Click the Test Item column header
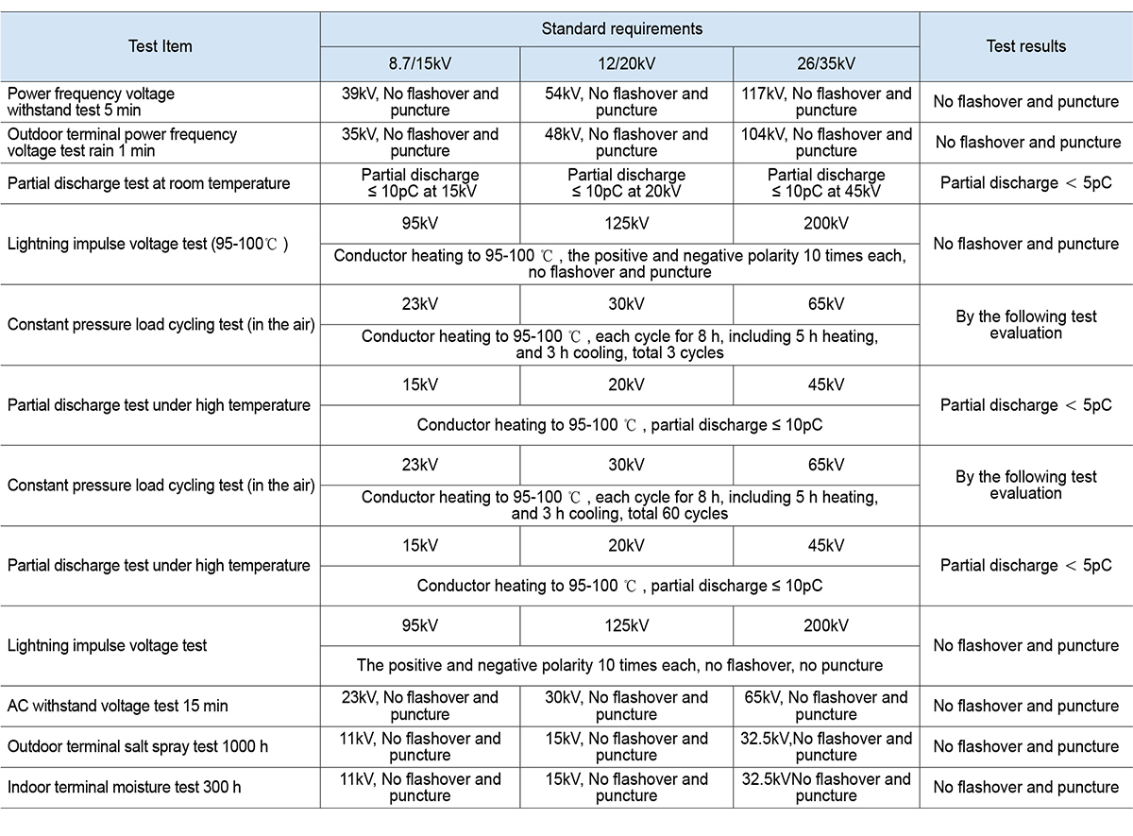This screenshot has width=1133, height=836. pos(160,46)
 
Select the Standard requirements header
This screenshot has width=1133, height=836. pos(621,28)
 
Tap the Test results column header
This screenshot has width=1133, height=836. pos(1025,46)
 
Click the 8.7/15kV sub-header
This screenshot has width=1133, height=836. pos(419,64)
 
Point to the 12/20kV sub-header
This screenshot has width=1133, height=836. pos(626,64)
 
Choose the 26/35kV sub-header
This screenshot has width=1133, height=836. pos(826,64)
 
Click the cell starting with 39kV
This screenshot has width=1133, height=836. pos(419,102)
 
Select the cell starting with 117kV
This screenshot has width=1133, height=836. pos(826,102)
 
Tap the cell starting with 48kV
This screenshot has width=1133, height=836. pos(626,143)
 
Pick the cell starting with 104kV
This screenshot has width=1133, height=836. pos(826,143)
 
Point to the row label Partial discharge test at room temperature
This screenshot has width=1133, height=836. pos(149,183)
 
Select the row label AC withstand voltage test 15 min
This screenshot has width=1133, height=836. pos(118,706)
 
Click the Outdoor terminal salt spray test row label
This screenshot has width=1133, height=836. pos(138,746)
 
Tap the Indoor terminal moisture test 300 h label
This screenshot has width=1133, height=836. pos(131,787)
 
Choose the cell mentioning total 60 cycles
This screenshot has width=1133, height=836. pos(619,505)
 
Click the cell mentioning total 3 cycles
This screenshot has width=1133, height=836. pos(619,345)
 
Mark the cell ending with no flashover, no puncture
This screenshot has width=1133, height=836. pos(619,665)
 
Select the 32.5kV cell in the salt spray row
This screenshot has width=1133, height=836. pos(826,746)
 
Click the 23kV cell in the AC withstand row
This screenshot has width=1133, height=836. pos(419,706)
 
